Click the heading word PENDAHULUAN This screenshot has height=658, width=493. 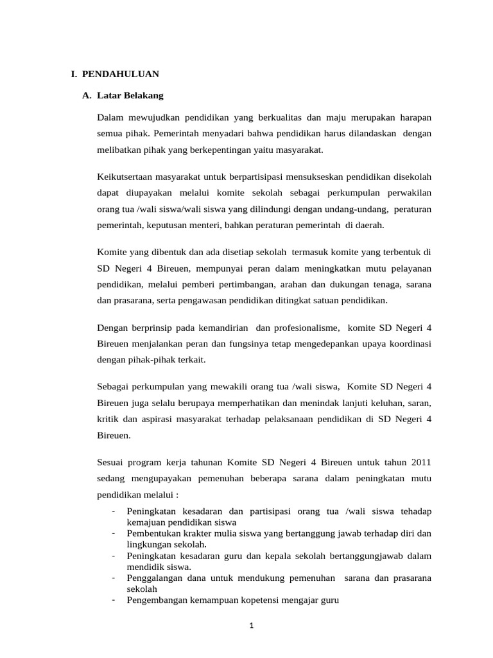click(120, 74)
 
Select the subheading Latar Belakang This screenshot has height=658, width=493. click(130, 96)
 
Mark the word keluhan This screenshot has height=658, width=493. click(385, 402)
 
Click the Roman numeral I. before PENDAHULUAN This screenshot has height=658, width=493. click(74, 74)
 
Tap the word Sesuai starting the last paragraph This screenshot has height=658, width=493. click(112, 461)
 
